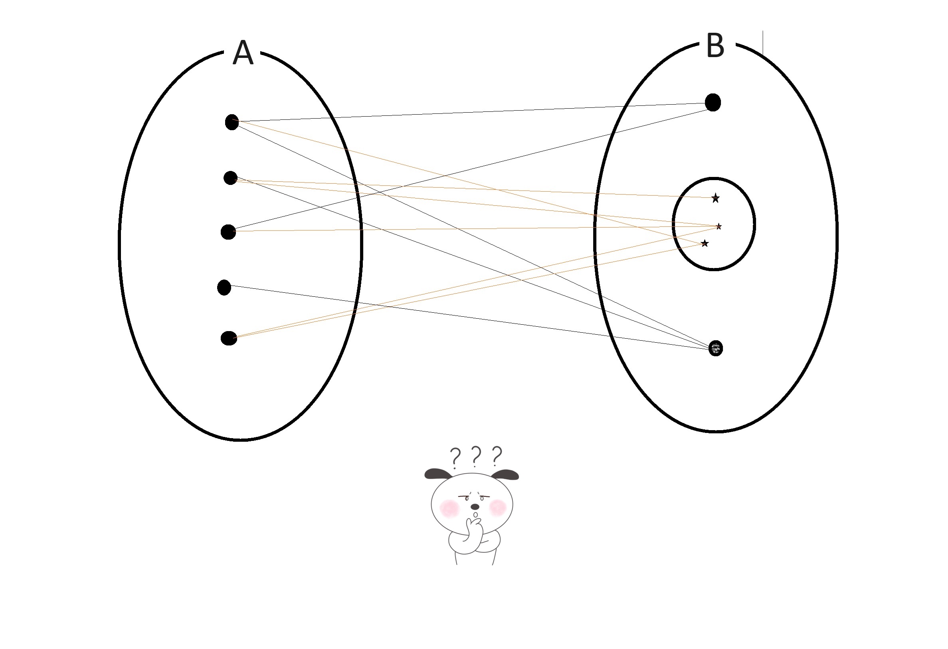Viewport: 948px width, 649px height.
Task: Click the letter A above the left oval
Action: [243, 53]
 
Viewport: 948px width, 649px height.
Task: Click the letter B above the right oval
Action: [714, 46]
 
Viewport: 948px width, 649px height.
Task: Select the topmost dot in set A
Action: [232, 122]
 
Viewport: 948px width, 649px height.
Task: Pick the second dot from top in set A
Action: [230, 178]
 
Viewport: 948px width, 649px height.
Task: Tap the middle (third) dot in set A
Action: [228, 232]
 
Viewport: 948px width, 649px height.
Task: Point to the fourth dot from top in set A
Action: [224, 287]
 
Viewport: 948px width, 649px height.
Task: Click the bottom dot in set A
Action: [228, 338]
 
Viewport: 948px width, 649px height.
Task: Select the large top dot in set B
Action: [712, 102]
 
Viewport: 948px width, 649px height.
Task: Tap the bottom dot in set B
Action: [715, 348]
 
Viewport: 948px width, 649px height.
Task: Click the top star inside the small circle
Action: [715, 198]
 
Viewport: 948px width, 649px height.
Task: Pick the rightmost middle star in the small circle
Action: [719, 226]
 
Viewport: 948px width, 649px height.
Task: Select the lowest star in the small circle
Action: [705, 244]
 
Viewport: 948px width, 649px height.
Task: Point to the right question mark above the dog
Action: [497, 456]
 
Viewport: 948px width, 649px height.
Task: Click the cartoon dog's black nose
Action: [475, 506]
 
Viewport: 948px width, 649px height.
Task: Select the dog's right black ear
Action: [505, 474]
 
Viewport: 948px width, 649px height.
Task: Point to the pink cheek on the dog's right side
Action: [498, 507]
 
